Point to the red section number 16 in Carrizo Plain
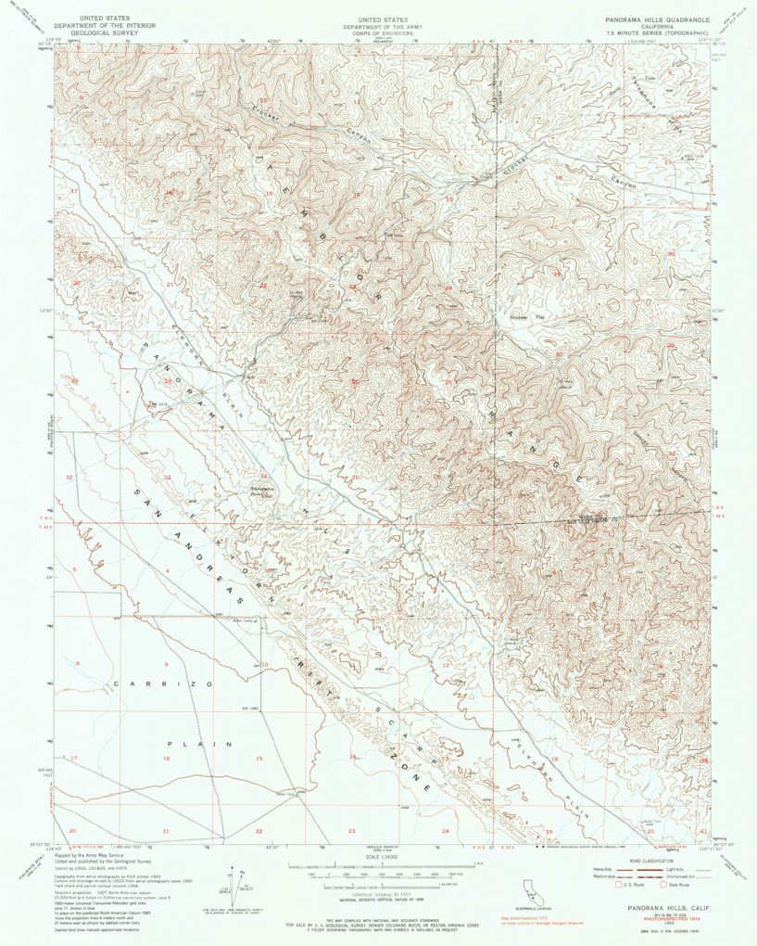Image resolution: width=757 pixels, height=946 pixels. tap(167, 759)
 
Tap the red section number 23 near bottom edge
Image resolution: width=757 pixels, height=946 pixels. tap(351, 831)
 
